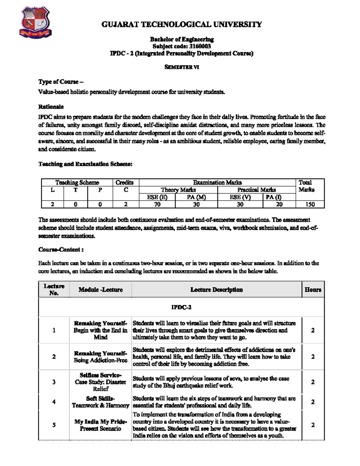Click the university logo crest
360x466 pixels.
pos(35,23)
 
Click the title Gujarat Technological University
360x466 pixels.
pos(181,25)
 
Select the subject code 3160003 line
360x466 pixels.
pos(181,46)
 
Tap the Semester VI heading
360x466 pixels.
pos(181,67)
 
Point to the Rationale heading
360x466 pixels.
pos(51,107)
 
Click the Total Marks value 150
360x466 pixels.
pos(310,204)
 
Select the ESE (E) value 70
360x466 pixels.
pos(157,204)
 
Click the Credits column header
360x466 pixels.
pos(124,182)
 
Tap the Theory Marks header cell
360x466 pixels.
pos(178,190)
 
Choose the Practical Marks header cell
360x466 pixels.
pos(256,190)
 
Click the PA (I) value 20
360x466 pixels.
pos(279,204)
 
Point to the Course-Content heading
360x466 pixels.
pos(61,250)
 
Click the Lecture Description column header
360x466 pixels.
pos(216,290)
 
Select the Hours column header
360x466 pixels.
pos(313,290)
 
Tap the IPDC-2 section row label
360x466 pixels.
pos(181,307)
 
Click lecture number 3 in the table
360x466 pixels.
pos(54,382)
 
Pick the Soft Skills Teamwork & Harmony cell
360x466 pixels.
pos(100,402)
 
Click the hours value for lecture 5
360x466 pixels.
pos(313,425)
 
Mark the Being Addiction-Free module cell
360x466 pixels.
pos(100,357)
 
